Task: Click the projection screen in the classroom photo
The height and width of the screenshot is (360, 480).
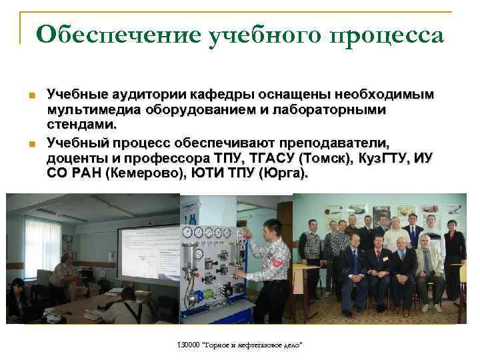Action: [150, 256]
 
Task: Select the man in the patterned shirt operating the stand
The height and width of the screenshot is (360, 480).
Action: [270, 267]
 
